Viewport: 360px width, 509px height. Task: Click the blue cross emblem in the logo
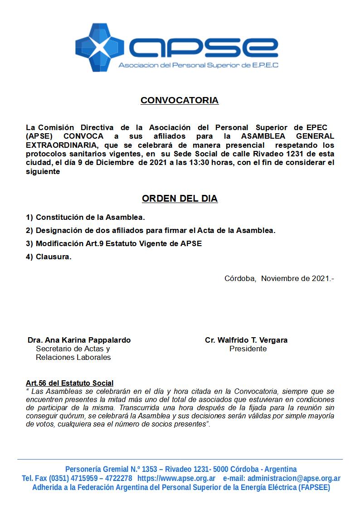[101, 47]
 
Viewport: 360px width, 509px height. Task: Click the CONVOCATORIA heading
[180, 101]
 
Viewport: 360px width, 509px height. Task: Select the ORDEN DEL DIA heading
[180, 199]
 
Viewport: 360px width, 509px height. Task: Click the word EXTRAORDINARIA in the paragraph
[62, 145]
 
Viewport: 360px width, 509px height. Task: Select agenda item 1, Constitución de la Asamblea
[86, 218]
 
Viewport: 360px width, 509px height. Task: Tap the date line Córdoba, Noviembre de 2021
[279, 278]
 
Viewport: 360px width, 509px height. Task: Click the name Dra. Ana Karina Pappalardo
[79, 340]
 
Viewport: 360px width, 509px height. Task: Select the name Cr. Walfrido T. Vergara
[246, 340]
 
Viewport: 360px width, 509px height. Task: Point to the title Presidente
[248, 349]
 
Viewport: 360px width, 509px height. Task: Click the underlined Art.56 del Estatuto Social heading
[70, 383]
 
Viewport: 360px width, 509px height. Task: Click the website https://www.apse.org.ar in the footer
[176, 478]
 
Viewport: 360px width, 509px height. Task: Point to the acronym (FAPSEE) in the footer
[314, 488]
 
